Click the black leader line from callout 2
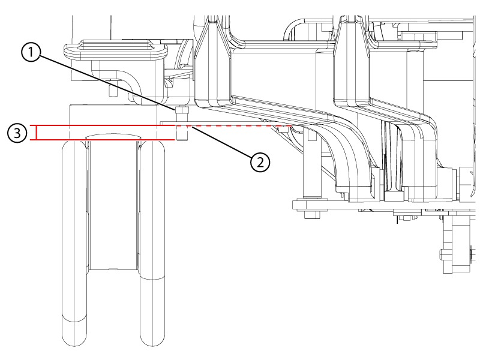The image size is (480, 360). pyautogui.click(x=222, y=143)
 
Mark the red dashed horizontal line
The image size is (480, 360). pyautogui.click(x=240, y=126)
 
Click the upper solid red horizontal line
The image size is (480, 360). pyautogui.click(x=108, y=126)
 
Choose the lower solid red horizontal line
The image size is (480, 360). pyautogui.click(x=108, y=140)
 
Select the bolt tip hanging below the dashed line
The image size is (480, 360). pyautogui.click(x=182, y=136)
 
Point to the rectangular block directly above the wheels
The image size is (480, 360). pyautogui.click(x=114, y=114)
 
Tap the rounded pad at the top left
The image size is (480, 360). pyautogui.click(x=114, y=51)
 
